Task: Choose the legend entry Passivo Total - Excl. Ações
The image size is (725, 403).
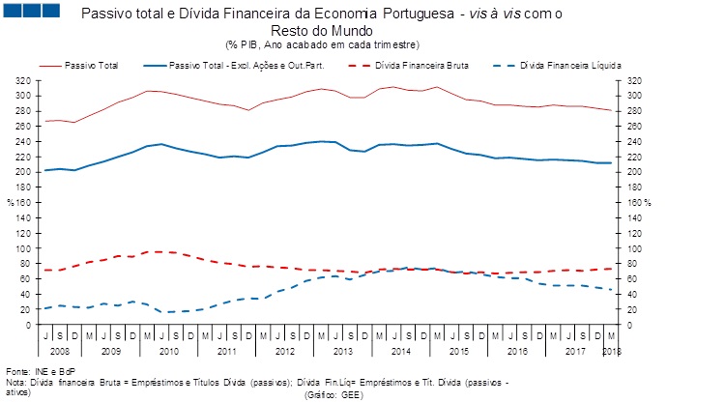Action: pos(242,66)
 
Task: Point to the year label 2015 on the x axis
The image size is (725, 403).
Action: pos(459,350)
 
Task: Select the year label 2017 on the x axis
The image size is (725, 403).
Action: pos(576,350)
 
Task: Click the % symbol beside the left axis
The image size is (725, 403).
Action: pos(10,203)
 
